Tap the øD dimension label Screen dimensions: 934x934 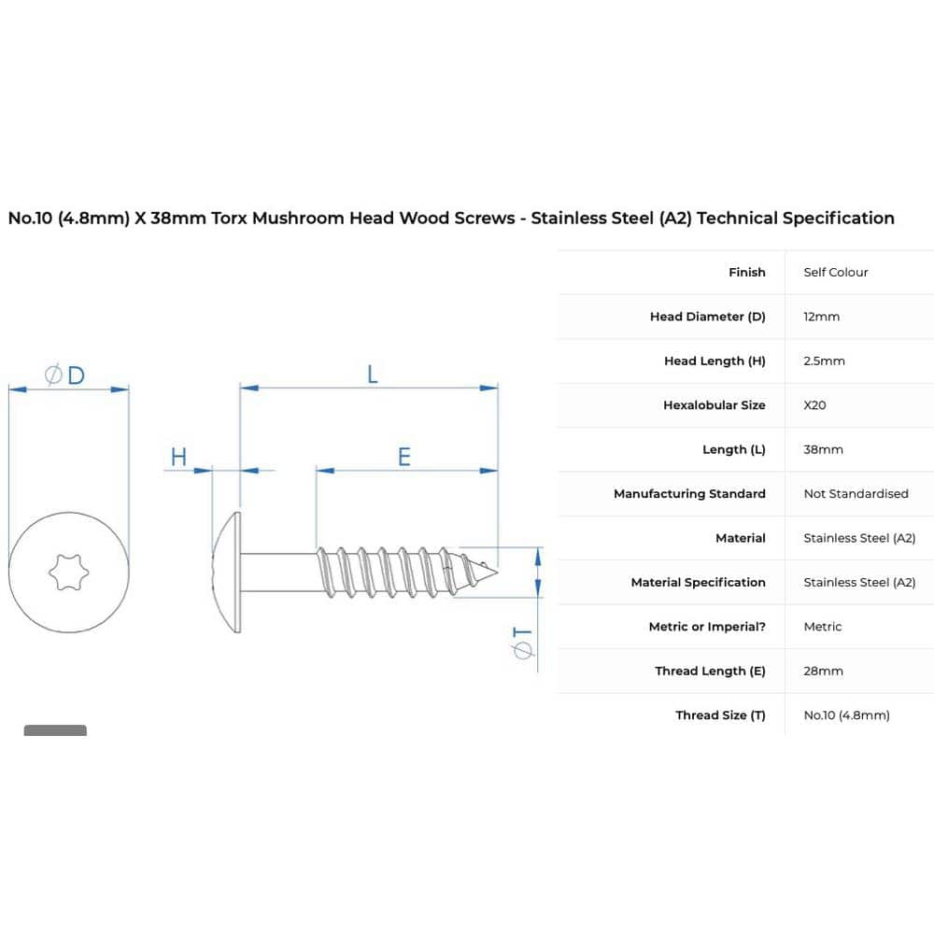(x=65, y=375)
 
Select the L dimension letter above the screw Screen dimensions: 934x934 (x=372, y=375)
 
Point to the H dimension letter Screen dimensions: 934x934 (x=178, y=457)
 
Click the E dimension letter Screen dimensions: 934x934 (x=404, y=457)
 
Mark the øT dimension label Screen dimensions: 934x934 (x=523, y=644)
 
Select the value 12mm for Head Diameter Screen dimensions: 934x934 (x=822, y=317)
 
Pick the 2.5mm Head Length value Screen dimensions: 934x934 (x=824, y=361)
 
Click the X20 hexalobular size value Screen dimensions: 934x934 (x=814, y=405)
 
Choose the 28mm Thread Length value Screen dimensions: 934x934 (x=823, y=671)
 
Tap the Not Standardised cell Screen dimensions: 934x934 (x=856, y=494)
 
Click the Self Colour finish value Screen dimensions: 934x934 (x=836, y=273)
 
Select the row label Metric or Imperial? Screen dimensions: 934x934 (x=707, y=627)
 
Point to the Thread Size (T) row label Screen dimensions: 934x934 (x=720, y=715)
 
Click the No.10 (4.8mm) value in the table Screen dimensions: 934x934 (x=846, y=715)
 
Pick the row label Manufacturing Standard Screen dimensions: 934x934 (x=689, y=494)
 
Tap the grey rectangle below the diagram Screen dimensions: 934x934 (x=55, y=730)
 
